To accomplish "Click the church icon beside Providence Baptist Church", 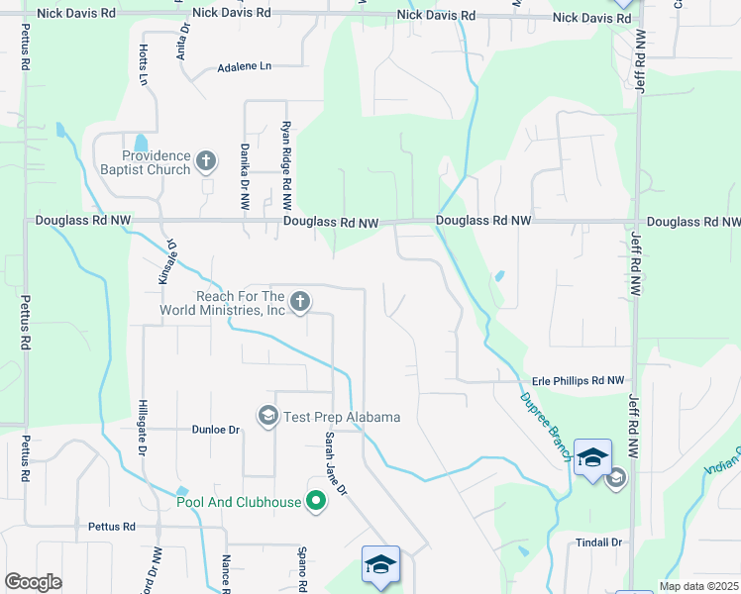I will click(x=206, y=160).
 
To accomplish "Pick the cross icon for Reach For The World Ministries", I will click(x=300, y=301).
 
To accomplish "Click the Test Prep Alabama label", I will click(x=342, y=417).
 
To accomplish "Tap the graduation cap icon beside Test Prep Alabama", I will click(x=267, y=416).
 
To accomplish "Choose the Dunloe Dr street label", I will click(x=216, y=430).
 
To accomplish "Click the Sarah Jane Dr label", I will click(x=336, y=462).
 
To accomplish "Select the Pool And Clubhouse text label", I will click(x=239, y=502).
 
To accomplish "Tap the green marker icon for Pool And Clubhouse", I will click(x=316, y=502).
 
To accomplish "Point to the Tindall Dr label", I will click(x=598, y=543).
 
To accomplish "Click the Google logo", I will click(x=34, y=582).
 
